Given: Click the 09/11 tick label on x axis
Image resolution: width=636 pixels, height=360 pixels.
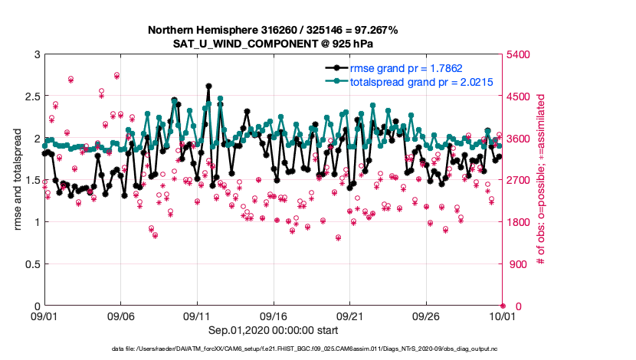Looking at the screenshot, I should (x=197, y=316).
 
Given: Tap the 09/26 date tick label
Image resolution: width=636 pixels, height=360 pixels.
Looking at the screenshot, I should (x=426, y=316).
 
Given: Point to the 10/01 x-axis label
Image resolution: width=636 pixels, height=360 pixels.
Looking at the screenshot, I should (x=502, y=316).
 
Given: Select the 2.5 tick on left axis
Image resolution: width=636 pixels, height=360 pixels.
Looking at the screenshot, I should (x=29, y=97).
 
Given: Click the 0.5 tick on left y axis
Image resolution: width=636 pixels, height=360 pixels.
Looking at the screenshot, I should (x=29, y=264).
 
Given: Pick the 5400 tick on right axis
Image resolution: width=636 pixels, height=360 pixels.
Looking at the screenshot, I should (x=520, y=55).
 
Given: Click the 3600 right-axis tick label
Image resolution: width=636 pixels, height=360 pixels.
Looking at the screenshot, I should (x=520, y=139).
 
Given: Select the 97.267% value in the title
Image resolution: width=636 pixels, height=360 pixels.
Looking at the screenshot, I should (x=375, y=30).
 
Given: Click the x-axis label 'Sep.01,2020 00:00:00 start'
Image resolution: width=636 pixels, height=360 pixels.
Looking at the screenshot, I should (x=274, y=330).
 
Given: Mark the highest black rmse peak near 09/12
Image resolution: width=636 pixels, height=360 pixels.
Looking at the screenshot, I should (x=208, y=87).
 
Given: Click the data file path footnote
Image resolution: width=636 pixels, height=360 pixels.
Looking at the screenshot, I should (x=317, y=349).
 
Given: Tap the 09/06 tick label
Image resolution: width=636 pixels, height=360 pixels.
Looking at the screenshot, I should (x=121, y=316).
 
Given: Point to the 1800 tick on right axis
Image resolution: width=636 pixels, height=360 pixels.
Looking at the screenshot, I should (x=520, y=222).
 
